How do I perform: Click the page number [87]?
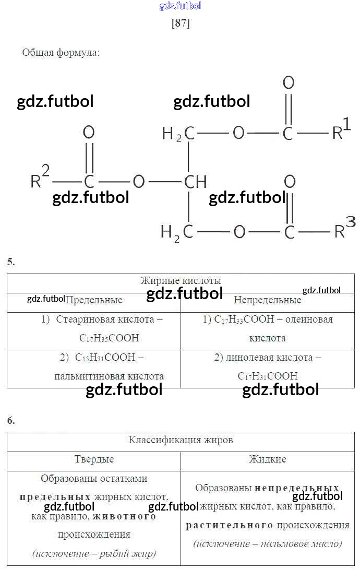tap(181, 24)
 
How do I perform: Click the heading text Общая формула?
tap(61, 53)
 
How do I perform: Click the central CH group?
tap(196, 182)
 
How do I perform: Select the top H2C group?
tap(178, 134)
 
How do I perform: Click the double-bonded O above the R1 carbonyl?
tap(288, 83)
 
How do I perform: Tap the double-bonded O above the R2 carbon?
tap(89, 133)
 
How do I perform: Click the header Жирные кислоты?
tap(181, 280)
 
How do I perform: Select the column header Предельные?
tap(94, 300)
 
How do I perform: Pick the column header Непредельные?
tap(267, 300)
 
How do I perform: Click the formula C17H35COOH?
tap(109, 338)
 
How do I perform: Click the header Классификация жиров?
tap(181, 440)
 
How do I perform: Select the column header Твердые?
tap(94, 459)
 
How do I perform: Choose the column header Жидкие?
tap(267, 459)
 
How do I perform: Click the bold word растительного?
tap(230, 525)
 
